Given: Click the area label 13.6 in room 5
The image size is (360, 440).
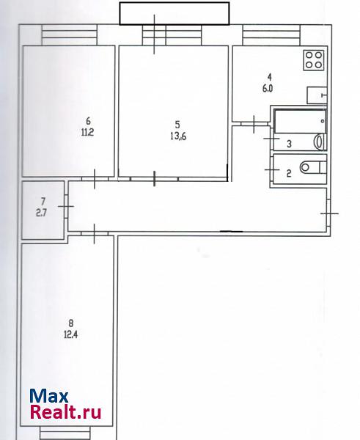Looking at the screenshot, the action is pyautogui.click(x=178, y=136).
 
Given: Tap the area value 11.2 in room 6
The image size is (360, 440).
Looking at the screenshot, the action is pyautogui.click(x=87, y=132).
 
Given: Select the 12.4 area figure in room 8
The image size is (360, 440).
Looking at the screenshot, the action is pyautogui.click(x=70, y=334).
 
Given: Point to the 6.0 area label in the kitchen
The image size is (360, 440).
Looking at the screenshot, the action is pyautogui.click(x=268, y=89).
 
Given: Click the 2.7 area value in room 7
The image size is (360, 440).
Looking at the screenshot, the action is pyautogui.click(x=41, y=213).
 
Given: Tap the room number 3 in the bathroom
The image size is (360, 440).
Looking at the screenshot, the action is pyautogui.click(x=289, y=144).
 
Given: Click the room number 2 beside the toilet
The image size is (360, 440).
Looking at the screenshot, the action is pyautogui.click(x=289, y=173).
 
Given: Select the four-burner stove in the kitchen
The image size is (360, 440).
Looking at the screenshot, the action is pyautogui.click(x=313, y=60).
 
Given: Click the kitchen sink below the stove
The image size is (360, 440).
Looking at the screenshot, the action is pyautogui.click(x=317, y=95).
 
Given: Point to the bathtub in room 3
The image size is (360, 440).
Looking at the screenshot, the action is pyautogui.click(x=300, y=122).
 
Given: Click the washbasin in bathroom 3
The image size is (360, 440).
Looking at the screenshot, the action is pyautogui.click(x=320, y=142).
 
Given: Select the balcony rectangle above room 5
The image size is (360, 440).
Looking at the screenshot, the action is pyautogui.click(x=175, y=13).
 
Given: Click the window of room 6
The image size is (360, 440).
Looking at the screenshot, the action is pyautogui.click(x=70, y=34).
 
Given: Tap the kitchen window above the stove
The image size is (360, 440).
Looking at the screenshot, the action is pyautogui.click(x=271, y=34).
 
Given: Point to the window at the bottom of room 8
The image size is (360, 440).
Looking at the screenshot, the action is pyautogui.click(x=65, y=433).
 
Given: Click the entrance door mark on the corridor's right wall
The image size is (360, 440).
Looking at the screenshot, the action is pyautogui.click(x=329, y=214).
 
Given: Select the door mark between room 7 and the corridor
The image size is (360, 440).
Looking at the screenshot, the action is pyautogui.click(x=66, y=207).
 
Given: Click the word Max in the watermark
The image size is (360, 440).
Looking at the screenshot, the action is pyautogui.click(x=49, y=396).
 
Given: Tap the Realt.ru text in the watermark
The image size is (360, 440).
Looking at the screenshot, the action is pyautogui.click(x=65, y=412).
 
